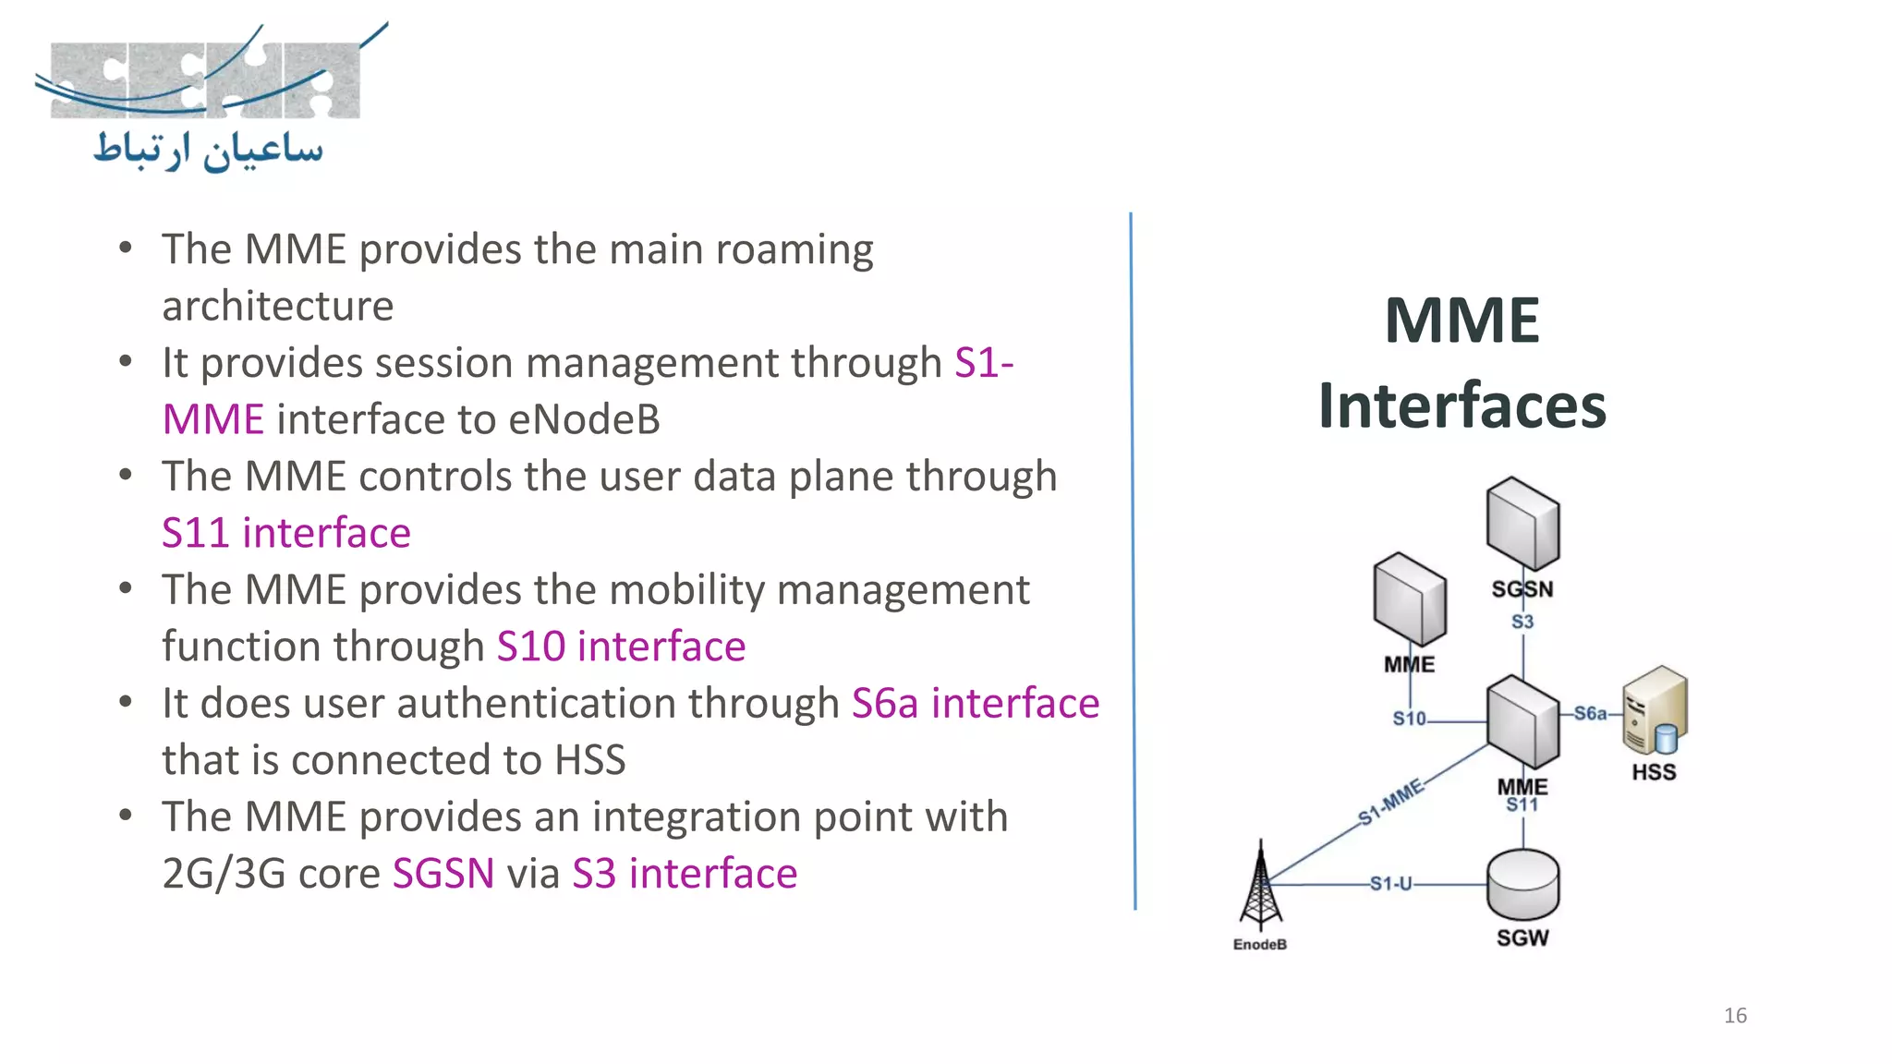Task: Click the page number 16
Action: coord(1734,1015)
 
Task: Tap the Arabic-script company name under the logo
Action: coord(209,150)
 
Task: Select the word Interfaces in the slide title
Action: coord(1461,405)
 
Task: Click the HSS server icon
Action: coord(1655,711)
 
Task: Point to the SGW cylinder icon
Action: coord(1522,884)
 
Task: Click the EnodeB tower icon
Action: coord(1260,886)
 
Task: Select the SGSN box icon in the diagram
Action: coord(1522,524)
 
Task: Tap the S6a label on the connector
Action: coord(1590,713)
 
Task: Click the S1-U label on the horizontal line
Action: coord(1390,884)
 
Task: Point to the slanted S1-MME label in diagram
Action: coord(1391,802)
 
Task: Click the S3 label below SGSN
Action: coord(1522,622)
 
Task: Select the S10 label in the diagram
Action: coord(1409,719)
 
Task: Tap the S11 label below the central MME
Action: coord(1522,805)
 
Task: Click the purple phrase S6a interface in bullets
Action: coord(975,704)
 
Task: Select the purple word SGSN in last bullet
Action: coord(443,874)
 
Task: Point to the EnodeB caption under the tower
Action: coord(1259,944)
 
